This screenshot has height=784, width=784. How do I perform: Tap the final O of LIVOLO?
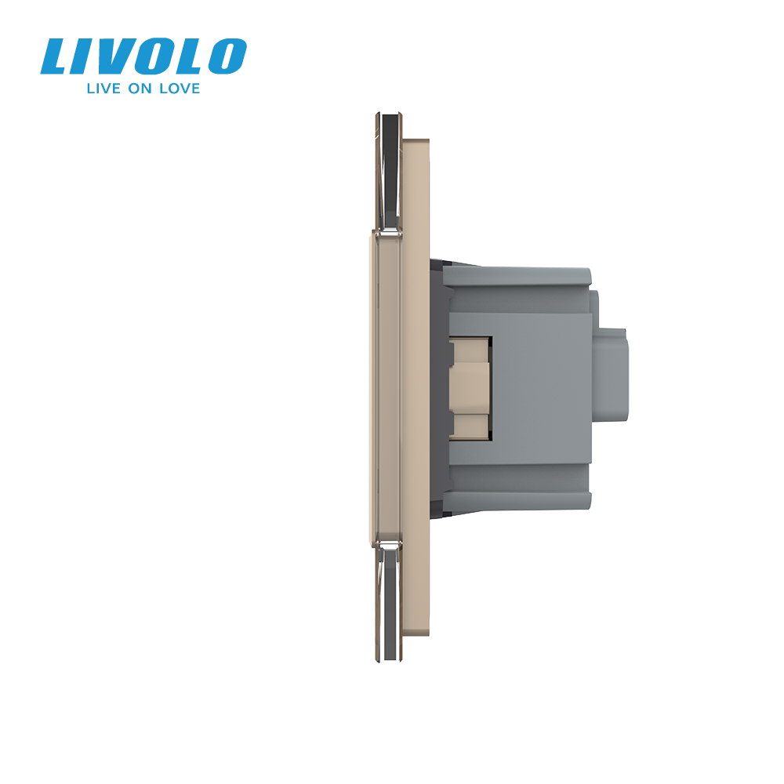click(226, 56)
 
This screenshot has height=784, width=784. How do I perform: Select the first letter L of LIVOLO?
click(56, 56)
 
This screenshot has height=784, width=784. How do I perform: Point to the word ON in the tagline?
click(143, 89)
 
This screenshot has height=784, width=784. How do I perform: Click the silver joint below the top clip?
click(388, 232)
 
